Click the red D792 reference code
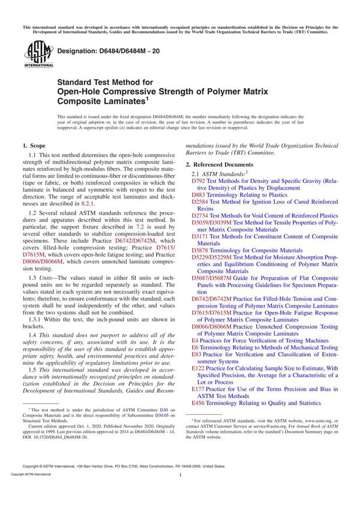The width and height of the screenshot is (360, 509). click(x=197, y=180)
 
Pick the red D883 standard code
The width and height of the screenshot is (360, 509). click(x=197, y=195)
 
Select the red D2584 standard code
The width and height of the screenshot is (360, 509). click(x=199, y=202)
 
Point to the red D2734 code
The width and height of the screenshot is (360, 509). click(x=199, y=216)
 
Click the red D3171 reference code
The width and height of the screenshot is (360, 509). click(x=199, y=237)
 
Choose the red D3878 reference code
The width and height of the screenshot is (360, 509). click(x=199, y=251)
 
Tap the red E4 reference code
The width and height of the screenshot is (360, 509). click(x=195, y=341)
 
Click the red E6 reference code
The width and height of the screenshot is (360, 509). click(x=195, y=348)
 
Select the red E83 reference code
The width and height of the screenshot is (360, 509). click(x=196, y=355)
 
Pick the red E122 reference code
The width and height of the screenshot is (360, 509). click(x=197, y=369)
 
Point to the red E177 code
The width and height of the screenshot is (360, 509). click(x=197, y=390)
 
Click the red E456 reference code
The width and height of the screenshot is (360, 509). click(x=197, y=403)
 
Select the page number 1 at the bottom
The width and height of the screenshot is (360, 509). click(x=180, y=492)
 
